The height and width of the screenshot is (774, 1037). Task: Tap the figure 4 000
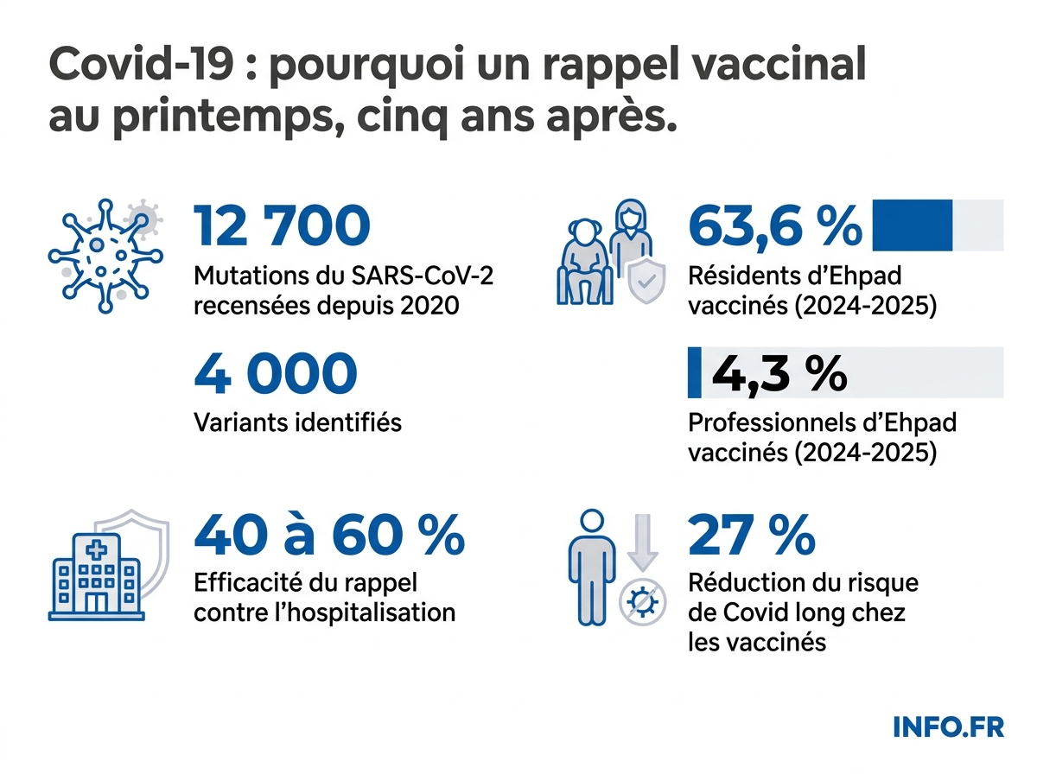click(x=275, y=373)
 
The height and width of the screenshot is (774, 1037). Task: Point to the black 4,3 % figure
click(x=778, y=373)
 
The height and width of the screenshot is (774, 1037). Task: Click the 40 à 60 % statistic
click(x=329, y=536)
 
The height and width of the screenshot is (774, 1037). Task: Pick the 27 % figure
click(x=751, y=536)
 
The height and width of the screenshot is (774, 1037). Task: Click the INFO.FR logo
click(x=948, y=726)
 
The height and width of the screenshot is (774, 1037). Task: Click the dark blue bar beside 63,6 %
click(x=912, y=225)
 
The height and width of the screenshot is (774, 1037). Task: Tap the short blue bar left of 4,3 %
click(x=693, y=373)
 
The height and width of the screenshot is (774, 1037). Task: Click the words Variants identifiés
click(x=298, y=422)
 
